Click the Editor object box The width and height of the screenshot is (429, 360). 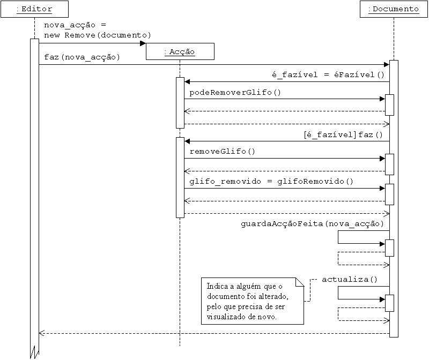[x=34, y=9]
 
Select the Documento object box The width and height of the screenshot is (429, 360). [x=393, y=9]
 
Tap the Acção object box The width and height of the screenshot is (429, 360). [x=180, y=51]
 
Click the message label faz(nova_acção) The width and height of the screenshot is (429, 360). [x=82, y=57]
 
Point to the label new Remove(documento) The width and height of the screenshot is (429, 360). [x=98, y=35]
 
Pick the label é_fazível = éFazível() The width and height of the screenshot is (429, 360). [x=328, y=74]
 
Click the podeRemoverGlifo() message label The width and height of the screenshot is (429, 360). [x=235, y=92]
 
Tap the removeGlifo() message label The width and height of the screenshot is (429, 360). [x=223, y=151]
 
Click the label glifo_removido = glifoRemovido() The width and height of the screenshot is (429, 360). [x=271, y=181]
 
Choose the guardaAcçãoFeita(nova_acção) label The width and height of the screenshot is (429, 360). [x=312, y=223]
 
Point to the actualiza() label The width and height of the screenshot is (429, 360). [x=350, y=279]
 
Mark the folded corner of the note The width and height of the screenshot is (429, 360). [x=300, y=282]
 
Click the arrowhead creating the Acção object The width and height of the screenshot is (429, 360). [x=143, y=43]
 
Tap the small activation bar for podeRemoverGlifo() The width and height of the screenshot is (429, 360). [x=390, y=104]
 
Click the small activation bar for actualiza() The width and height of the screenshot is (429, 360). [x=390, y=303]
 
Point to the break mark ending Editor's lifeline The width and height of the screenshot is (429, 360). [x=34, y=352]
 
